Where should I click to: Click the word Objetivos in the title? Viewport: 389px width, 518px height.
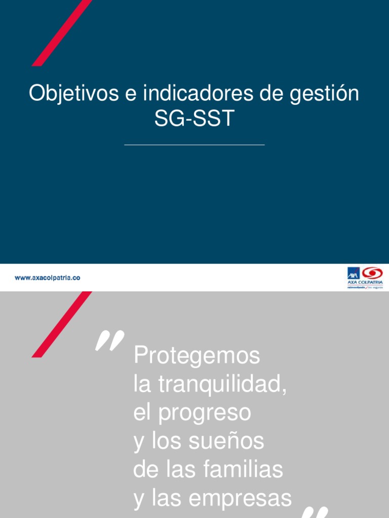tap(66, 95)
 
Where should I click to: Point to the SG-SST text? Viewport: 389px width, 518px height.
tap(194, 119)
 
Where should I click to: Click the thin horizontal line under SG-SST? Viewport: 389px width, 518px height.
tap(194, 145)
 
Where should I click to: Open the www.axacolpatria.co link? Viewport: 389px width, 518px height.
tap(47, 278)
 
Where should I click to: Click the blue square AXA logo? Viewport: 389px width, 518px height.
tap(353, 273)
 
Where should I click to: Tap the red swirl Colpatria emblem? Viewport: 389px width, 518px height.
tap(373, 273)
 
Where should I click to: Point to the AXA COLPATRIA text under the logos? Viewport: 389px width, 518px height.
tap(365, 282)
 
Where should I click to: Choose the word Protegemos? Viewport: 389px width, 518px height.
tap(197, 356)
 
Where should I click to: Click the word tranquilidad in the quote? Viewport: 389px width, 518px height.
tap(223, 385)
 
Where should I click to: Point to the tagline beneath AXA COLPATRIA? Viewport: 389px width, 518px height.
tap(365, 287)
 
